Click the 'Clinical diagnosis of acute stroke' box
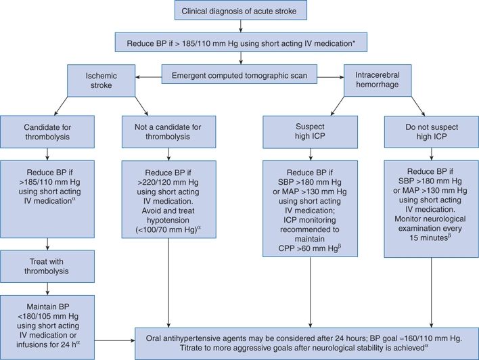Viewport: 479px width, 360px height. [240, 11]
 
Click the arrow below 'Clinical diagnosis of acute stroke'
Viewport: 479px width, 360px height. [240, 26]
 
